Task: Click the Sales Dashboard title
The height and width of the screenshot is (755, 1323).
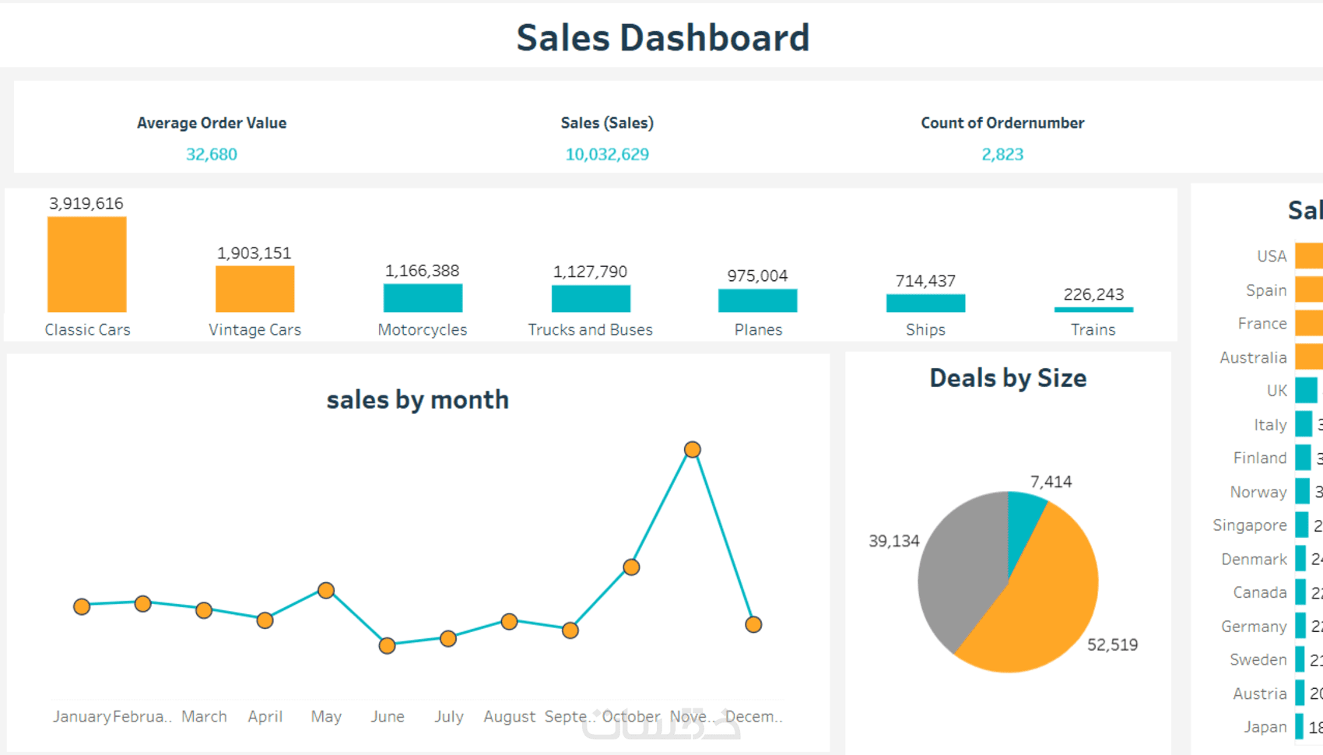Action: [x=662, y=37]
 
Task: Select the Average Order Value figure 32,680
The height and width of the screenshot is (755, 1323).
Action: [x=212, y=154]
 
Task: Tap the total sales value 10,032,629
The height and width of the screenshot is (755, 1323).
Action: [x=607, y=154]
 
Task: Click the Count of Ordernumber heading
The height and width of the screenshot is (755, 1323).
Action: [x=1002, y=123]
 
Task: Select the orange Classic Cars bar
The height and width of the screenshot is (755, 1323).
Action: [x=87, y=265]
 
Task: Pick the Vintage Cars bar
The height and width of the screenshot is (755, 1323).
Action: [x=254, y=289]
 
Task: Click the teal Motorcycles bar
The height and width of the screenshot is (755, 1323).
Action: [x=423, y=298]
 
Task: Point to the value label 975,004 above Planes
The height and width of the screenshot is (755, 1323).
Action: [x=757, y=276]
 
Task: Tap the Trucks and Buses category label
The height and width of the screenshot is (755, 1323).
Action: [x=590, y=329]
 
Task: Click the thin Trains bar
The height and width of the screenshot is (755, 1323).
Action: [x=1093, y=310]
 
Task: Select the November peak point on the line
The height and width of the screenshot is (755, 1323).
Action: [x=692, y=450]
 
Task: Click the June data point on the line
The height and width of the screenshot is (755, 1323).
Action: [x=387, y=645]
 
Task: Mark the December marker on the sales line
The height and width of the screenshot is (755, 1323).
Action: [x=753, y=624]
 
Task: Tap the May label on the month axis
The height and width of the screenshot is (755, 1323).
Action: [x=326, y=716]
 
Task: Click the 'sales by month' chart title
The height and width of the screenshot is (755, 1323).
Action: [x=417, y=399]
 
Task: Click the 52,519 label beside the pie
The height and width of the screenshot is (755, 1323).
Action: [x=1112, y=644]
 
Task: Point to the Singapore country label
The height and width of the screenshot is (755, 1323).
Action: [x=1249, y=525]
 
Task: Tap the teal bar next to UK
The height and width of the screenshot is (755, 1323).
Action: [x=1306, y=391]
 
